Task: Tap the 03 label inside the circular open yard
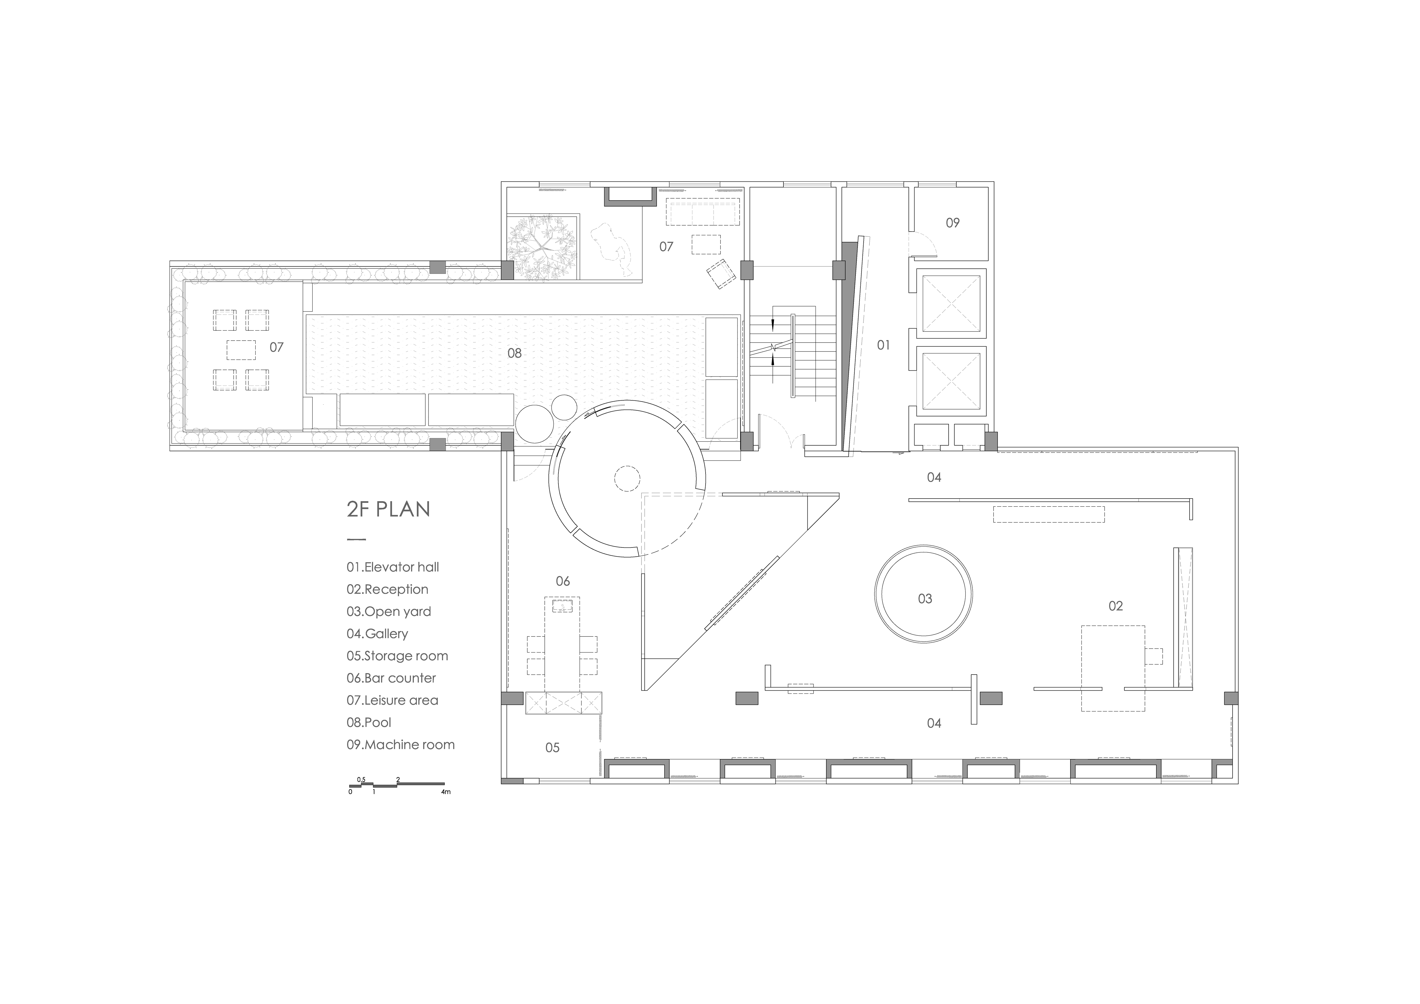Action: coord(925,598)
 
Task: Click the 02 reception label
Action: coord(1115,606)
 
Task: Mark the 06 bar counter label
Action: coord(562,581)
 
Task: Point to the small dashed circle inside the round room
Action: coord(627,479)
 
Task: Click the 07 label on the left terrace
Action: coord(277,347)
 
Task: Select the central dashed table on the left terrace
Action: coord(241,350)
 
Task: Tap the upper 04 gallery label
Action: coord(934,477)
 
